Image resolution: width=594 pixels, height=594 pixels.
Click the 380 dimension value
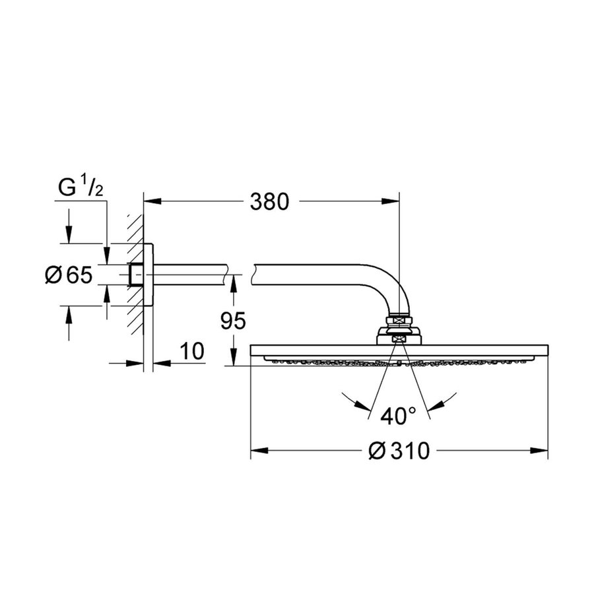point(269,202)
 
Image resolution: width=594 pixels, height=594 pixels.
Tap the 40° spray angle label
point(399,416)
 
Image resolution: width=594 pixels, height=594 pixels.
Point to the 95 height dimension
point(232,321)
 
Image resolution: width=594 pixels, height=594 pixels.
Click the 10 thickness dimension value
point(191,351)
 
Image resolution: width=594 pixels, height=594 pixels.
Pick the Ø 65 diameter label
point(68,275)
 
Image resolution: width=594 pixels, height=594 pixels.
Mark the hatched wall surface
point(136,277)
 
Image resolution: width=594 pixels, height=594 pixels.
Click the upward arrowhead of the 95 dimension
point(232,283)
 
